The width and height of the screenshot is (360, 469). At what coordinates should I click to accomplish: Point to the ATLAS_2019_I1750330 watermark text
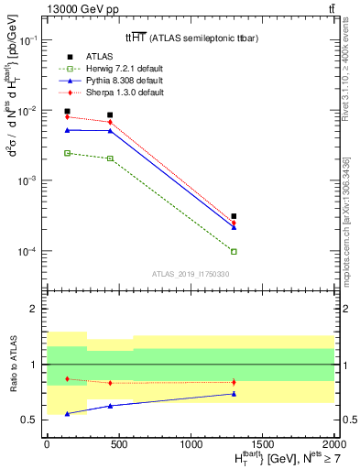(x=190, y=273)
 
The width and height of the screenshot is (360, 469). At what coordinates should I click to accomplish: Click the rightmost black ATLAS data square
(x=234, y=216)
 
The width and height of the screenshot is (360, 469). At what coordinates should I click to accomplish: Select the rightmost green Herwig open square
(x=234, y=251)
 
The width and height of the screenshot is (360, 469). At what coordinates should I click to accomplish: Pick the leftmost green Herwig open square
(x=67, y=153)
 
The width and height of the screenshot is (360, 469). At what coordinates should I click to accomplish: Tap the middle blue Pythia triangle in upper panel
(x=110, y=131)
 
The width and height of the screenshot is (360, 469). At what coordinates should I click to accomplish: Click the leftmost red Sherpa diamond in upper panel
(x=67, y=116)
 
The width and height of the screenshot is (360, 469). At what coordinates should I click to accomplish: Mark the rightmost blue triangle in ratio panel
(x=234, y=394)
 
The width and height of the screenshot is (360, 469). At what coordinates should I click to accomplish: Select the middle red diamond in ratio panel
(x=110, y=383)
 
